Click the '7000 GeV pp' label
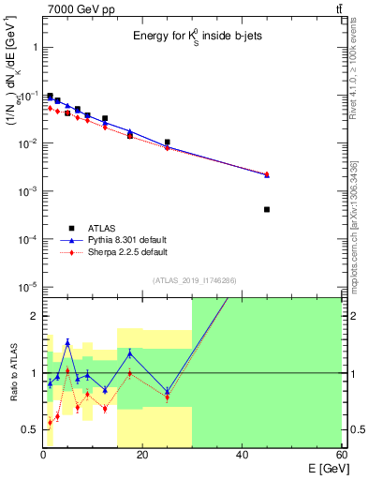[74, 8]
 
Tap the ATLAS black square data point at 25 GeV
[167, 142]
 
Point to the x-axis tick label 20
[141, 455]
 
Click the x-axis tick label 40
[242, 455]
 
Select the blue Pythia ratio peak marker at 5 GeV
[67, 342]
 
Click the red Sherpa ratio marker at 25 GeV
[167, 397]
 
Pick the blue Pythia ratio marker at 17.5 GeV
[129, 353]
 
